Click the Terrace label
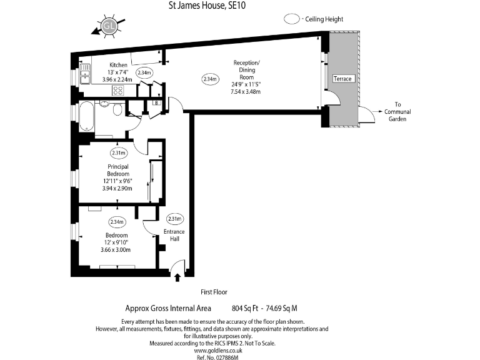342,79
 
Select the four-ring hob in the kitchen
118,91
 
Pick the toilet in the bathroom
117,110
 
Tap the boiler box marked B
156,103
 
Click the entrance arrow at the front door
177,276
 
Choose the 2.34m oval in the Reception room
210,79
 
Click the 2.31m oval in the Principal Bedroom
118,153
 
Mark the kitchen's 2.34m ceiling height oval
145,72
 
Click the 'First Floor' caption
214,292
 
